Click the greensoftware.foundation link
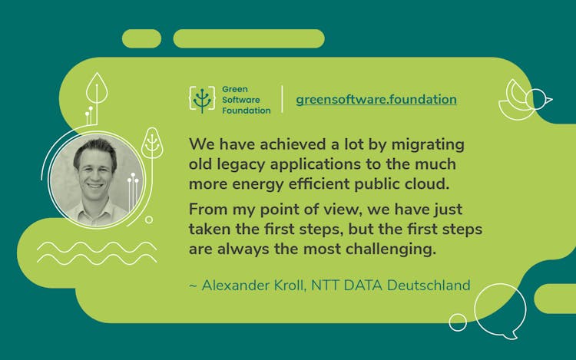click(376, 100)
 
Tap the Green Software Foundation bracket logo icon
click(202, 100)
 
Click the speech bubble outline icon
click(500, 311)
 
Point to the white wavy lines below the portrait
click(96, 253)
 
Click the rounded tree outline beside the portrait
click(151, 144)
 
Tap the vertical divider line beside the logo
click(282, 100)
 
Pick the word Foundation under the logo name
click(246, 110)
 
